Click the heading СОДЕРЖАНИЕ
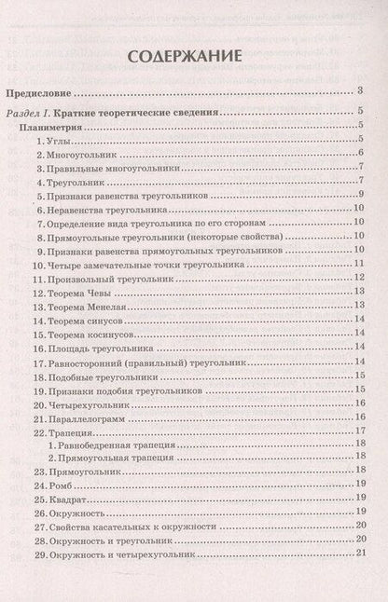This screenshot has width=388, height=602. coord(193,55)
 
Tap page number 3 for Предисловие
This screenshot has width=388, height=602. coord(360,91)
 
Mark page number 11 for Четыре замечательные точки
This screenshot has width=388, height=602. coord(359,264)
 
